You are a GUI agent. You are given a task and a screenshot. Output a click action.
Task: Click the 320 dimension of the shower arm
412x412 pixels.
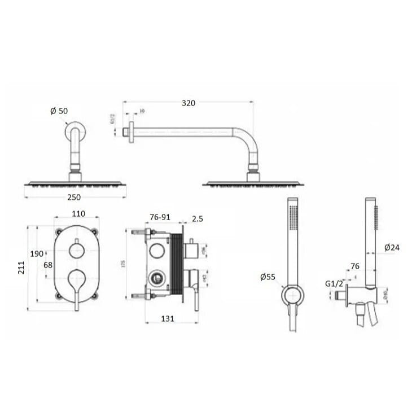pyautogui.click(x=188, y=103)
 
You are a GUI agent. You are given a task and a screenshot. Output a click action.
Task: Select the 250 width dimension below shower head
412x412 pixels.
pyautogui.click(x=74, y=197)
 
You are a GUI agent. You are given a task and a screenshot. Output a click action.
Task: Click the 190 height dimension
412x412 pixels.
pyautogui.click(x=37, y=253)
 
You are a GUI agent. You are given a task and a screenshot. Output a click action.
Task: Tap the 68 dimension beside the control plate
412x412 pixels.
pyautogui.click(x=48, y=265)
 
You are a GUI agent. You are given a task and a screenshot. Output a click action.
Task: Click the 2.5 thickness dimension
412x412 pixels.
pyautogui.click(x=197, y=218)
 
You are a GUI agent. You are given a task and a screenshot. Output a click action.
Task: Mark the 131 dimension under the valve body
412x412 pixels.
pyautogui.click(x=168, y=318)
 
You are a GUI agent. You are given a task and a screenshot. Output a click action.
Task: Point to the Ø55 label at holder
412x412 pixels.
pyautogui.click(x=268, y=277)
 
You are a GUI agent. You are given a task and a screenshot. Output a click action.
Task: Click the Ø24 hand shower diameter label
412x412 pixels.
pyautogui.click(x=392, y=247)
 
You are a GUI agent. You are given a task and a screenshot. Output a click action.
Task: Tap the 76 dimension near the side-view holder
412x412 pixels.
pyautogui.click(x=354, y=266)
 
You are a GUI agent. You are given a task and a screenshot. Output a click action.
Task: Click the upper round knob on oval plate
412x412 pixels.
pyautogui.click(x=76, y=251)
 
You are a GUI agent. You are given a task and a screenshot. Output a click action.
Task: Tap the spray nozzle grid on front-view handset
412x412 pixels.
pyautogui.click(x=292, y=218)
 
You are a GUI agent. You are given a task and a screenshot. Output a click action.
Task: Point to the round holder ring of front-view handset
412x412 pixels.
pyautogui.click(x=292, y=295)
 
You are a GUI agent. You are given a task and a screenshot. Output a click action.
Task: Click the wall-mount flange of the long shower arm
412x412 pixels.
pyautogui.click(x=130, y=132)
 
